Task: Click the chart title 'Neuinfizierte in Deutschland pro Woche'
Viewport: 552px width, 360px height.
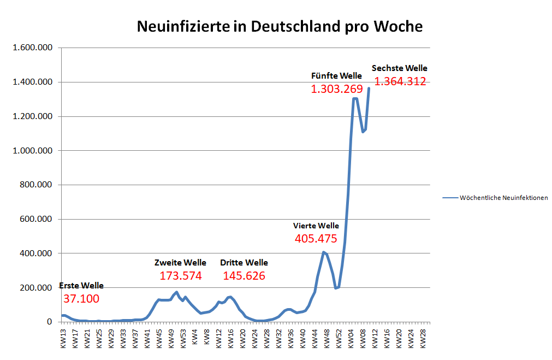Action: (x=279, y=26)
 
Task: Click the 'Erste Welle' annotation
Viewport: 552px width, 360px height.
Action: (x=81, y=286)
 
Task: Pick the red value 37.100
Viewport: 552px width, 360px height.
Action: (x=81, y=299)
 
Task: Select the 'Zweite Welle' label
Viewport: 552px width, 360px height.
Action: (x=180, y=263)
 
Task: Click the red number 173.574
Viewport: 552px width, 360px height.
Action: (x=181, y=276)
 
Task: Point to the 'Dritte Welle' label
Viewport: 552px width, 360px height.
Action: (x=244, y=263)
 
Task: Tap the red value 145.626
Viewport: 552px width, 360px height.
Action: (x=244, y=276)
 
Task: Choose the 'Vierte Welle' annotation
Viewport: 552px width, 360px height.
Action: (x=316, y=226)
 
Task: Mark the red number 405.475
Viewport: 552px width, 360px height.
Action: (x=316, y=239)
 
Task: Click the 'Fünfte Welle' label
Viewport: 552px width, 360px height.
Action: (x=336, y=75)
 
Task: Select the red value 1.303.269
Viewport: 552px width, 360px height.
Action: (x=336, y=88)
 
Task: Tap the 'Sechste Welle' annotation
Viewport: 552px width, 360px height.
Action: (x=400, y=68)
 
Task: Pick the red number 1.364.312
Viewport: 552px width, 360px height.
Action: (x=400, y=82)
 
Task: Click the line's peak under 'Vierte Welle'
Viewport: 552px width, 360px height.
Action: (x=324, y=252)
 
